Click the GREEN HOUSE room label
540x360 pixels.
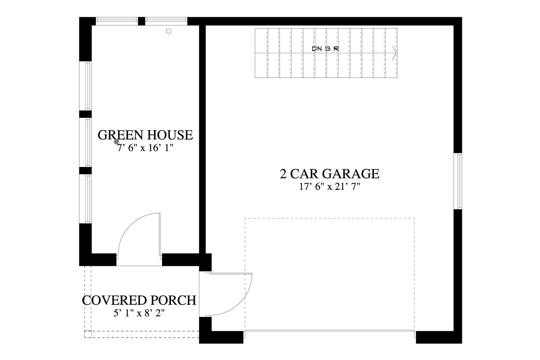point(145,135)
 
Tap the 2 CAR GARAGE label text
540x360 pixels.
point(329,174)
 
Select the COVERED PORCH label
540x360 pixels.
point(139,300)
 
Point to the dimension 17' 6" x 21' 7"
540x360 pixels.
point(329,187)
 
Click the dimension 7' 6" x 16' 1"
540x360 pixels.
point(146,148)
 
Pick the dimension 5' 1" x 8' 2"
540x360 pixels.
point(139,313)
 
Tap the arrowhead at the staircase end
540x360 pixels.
point(394,53)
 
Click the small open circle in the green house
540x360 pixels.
point(169,31)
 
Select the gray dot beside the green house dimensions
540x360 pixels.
point(117,142)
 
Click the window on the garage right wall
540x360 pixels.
point(459,181)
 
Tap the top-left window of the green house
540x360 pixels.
point(117,20)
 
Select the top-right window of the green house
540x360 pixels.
point(166,20)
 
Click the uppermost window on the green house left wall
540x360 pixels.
point(88,85)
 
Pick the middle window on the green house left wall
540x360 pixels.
point(88,142)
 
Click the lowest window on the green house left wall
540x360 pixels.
point(88,199)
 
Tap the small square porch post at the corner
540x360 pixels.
point(88,334)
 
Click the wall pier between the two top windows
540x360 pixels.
point(142,21)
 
